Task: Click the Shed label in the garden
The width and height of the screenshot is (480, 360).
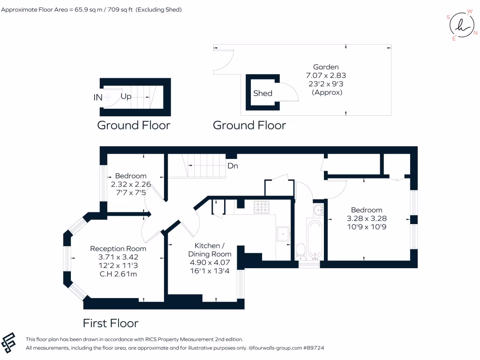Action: click(x=262, y=93)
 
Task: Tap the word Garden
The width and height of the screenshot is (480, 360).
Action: click(x=326, y=67)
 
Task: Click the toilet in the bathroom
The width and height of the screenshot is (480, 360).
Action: click(x=300, y=251)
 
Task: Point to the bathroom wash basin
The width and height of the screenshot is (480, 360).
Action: click(x=318, y=210)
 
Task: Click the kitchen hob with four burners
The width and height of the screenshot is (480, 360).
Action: click(x=262, y=207)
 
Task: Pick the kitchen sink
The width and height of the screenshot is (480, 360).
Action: click(x=284, y=233)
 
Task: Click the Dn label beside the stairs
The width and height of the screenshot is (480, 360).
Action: click(x=233, y=166)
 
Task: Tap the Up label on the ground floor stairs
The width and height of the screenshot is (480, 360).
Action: click(x=126, y=97)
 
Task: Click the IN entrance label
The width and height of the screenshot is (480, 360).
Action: click(x=98, y=97)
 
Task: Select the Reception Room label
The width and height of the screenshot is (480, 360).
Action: click(x=118, y=249)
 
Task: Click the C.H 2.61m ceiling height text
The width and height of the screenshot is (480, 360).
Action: click(x=118, y=274)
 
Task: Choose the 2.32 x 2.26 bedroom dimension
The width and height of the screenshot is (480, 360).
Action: click(x=130, y=184)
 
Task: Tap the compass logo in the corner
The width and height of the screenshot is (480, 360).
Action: click(x=461, y=24)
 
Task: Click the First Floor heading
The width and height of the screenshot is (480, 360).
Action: click(x=111, y=323)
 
